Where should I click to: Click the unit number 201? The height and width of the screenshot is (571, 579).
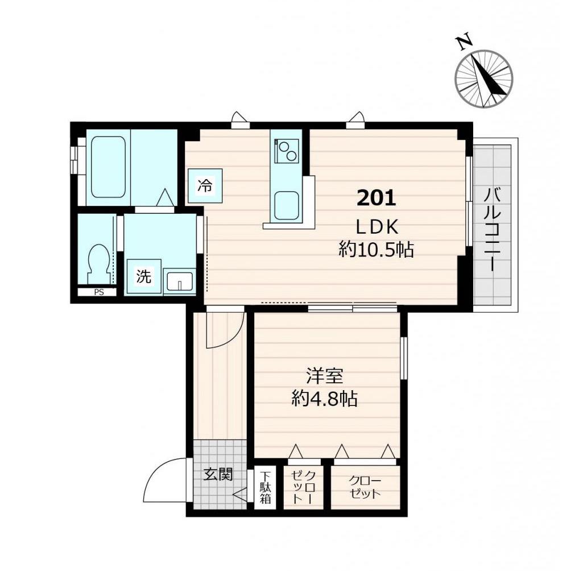point(377,198)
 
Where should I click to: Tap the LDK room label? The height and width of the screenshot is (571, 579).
point(377,227)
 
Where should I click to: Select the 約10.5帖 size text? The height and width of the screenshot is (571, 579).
point(377,250)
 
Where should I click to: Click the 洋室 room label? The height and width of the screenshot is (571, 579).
point(325,376)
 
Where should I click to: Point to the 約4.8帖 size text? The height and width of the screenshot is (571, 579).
point(325,399)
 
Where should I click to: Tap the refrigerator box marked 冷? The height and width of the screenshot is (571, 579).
point(205,185)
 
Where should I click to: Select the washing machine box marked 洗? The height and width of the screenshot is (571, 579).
point(144,276)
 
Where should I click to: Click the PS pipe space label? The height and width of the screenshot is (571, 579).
point(98,292)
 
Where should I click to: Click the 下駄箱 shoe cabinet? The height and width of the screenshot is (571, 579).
point(265,487)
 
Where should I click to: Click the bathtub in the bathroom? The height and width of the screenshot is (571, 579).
point(108,167)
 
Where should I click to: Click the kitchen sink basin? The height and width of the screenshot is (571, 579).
point(286,205)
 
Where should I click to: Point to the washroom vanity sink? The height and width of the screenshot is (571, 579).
point(180,282)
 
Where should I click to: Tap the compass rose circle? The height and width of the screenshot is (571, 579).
point(483,78)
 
